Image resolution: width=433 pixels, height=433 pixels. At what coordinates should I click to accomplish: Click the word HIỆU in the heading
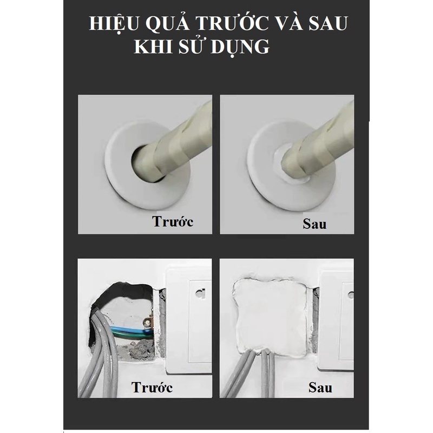pyautogui.click(x=114, y=24)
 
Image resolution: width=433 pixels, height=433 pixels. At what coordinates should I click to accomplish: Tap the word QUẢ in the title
pyautogui.click(x=168, y=23)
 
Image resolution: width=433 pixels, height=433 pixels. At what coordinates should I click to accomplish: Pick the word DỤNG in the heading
pyautogui.click(x=240, y=47)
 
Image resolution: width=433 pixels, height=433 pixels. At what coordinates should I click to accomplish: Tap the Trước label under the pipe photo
pyautogui.click(x=173, y=221)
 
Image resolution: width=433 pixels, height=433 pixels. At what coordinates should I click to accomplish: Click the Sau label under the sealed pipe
pyautogui.click(x=314, y=224)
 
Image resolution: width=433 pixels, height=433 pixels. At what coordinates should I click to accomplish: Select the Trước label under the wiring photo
pyautogui.click(x=152, y=387)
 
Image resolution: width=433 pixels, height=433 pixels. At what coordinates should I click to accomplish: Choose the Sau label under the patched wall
pyautogui.click(x=320, y=388)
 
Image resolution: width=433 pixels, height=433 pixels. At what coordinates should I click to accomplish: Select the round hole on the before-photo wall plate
pyautogui.click(x=200, y=293)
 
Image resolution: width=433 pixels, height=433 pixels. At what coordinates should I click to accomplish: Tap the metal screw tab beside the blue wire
pyautogui.click(x=148, y=322)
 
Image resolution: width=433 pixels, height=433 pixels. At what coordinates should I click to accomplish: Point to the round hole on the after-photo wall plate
pyautogui.click(x=351, y=295)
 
